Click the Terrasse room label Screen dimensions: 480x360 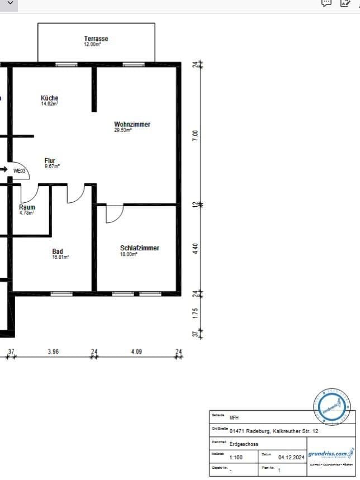[x=96, y=39]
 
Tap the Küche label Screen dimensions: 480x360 [x=49, y=98]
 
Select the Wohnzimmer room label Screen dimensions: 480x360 [x=132, y=124]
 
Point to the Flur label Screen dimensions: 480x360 [x=50, y=160]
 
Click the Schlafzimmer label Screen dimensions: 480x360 [x=139, y=248]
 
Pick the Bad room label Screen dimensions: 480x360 [x=58, y=251]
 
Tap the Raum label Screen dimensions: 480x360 [x=27, y=207]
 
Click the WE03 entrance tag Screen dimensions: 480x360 [x=20, y=170]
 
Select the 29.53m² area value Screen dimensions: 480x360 [x=122, y=130]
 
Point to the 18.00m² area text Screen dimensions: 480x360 [x=129, y=254]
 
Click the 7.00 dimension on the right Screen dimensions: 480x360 [x=195, y=135]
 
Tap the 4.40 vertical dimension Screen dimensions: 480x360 [x=195, y=248]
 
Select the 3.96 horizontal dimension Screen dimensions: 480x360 [x=54, y=351]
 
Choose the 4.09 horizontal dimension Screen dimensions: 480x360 [x=136, y=351]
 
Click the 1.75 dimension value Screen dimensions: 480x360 [x=195, y=313]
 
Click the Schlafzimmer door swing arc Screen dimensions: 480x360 [x=115, y=214]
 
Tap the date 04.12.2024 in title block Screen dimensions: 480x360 [x=290, y=457]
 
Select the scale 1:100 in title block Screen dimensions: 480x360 [x=236, y=457]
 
